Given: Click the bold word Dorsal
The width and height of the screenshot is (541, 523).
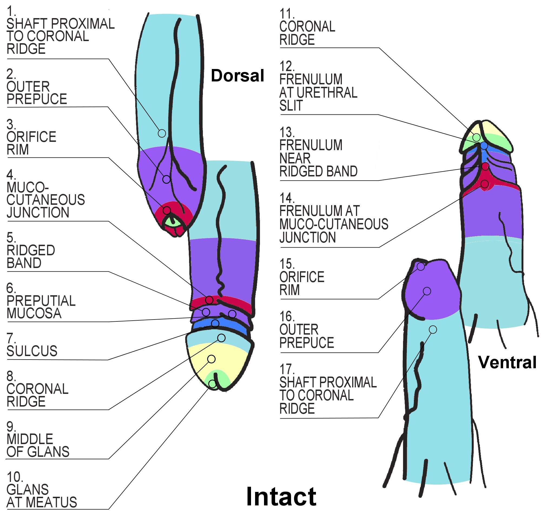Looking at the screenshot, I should [237, 76].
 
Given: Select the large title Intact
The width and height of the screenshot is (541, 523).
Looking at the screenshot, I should [281, 497].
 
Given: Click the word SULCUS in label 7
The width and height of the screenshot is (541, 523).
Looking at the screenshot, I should [32, 351].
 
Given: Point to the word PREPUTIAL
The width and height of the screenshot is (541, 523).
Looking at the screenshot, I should [41, 301].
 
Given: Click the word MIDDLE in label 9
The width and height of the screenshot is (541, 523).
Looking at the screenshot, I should [29, 439].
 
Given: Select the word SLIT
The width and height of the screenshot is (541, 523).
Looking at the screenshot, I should [291, 106].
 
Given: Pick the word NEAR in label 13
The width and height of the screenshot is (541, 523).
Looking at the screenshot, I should [295, 159].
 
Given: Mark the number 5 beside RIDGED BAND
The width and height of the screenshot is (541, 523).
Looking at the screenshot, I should [11, 238].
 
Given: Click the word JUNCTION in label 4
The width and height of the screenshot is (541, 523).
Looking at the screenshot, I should [38, 213].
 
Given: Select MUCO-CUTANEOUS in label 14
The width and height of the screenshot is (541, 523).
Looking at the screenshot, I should [334, 224].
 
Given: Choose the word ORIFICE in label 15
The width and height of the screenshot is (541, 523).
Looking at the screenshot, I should [302, 277].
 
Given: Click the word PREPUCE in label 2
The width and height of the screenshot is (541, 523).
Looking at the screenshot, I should [37, 99].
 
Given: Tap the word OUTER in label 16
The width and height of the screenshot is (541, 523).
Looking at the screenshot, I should [299, 330].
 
